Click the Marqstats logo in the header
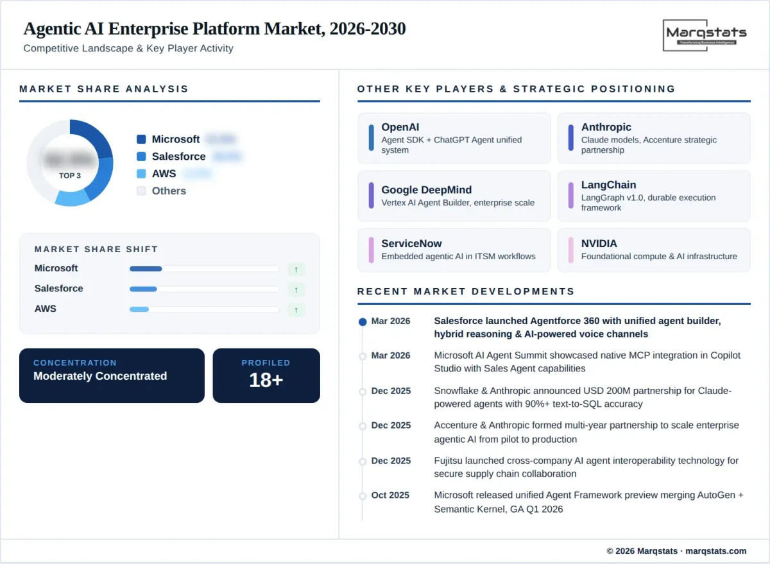coord(706,35)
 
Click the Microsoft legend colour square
coord(141,139)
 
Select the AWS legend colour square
coord(141,174)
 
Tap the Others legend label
coord(169,191)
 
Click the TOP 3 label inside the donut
coord(70,176)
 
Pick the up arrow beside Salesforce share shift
coord(296,289)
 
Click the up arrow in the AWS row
coord(296,310)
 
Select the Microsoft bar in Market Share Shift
coord(146,269)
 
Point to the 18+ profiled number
coord(266,380)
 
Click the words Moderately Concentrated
coord(100,376)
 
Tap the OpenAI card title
coord(400,127)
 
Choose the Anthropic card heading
coord(606,127)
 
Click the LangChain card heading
coord(608,185)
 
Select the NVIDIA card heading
coord(599,243)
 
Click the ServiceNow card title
coord(411,243)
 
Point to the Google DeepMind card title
coord(426,190)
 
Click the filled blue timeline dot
coord(363,321)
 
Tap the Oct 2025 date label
coord(390,495)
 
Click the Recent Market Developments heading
coord(466,291)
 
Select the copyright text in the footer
coord(676,551)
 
